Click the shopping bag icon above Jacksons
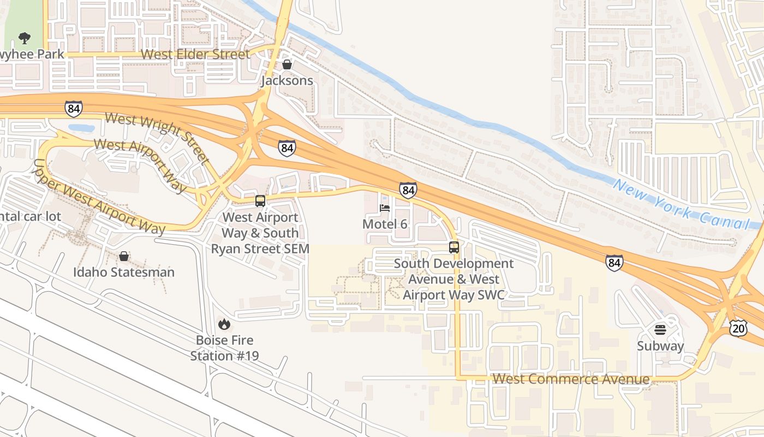pos(287,64)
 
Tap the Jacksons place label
pos(287,80)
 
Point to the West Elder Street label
pos(195,54)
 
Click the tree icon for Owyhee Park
pos(24,38)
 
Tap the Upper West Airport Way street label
pos(99,197)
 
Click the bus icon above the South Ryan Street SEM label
pos(260,200)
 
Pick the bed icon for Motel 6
pos(385,208)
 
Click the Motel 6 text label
pos(385,224)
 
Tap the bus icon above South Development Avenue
pos(454,247)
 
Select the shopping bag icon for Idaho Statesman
pos(124,256)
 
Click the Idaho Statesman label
pos(124,272)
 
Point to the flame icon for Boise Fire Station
pos(224,324)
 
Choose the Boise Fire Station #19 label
pos(224,348)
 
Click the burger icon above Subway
pos(660,330)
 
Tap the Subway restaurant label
pos(660,346)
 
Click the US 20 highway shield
pos(738,328)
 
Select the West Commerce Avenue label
pos(571,379)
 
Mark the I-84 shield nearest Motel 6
pos(408,190)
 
